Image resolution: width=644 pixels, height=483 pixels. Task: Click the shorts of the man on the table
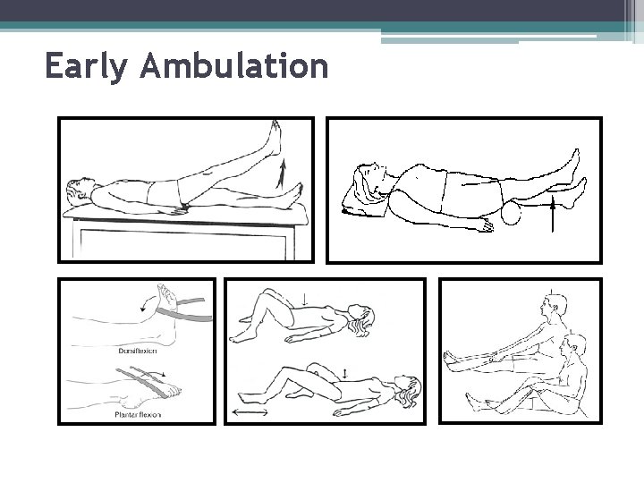coord(164,191)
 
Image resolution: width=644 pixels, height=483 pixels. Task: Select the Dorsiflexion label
coord(137,351)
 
